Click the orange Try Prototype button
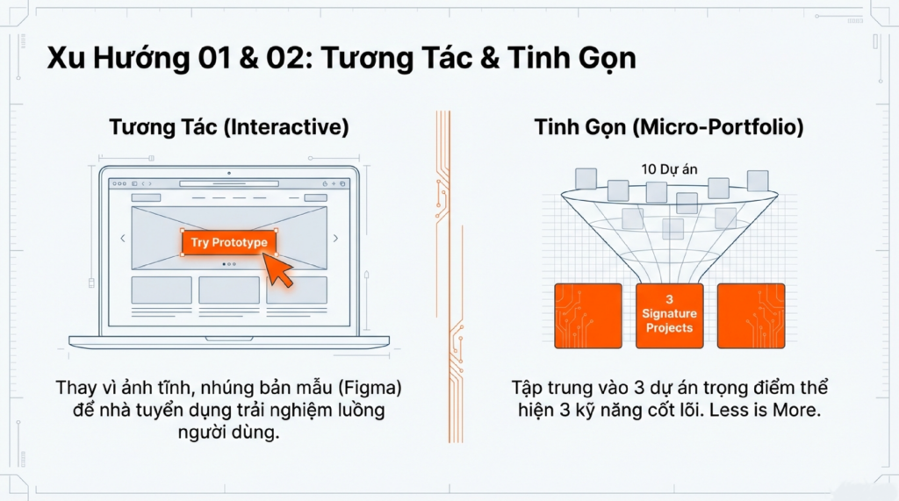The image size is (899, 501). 229,242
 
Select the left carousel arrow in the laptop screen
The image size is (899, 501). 122,238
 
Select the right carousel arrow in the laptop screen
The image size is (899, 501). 335,238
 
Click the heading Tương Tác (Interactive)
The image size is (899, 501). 228,127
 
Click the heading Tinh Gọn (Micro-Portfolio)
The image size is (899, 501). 669,127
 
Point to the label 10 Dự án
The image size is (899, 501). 668,168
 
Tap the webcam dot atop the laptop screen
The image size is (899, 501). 229,173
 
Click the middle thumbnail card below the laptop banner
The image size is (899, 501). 228,290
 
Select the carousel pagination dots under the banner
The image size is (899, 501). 229,263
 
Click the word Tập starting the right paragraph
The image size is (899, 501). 529,388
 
